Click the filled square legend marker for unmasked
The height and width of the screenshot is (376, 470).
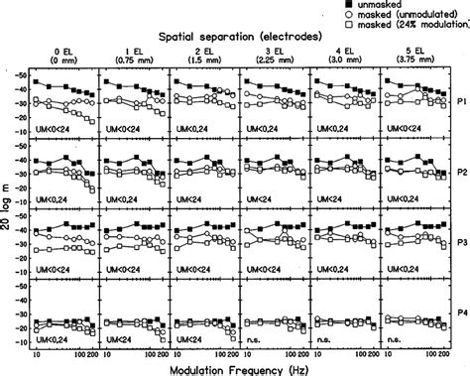point(350,5)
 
